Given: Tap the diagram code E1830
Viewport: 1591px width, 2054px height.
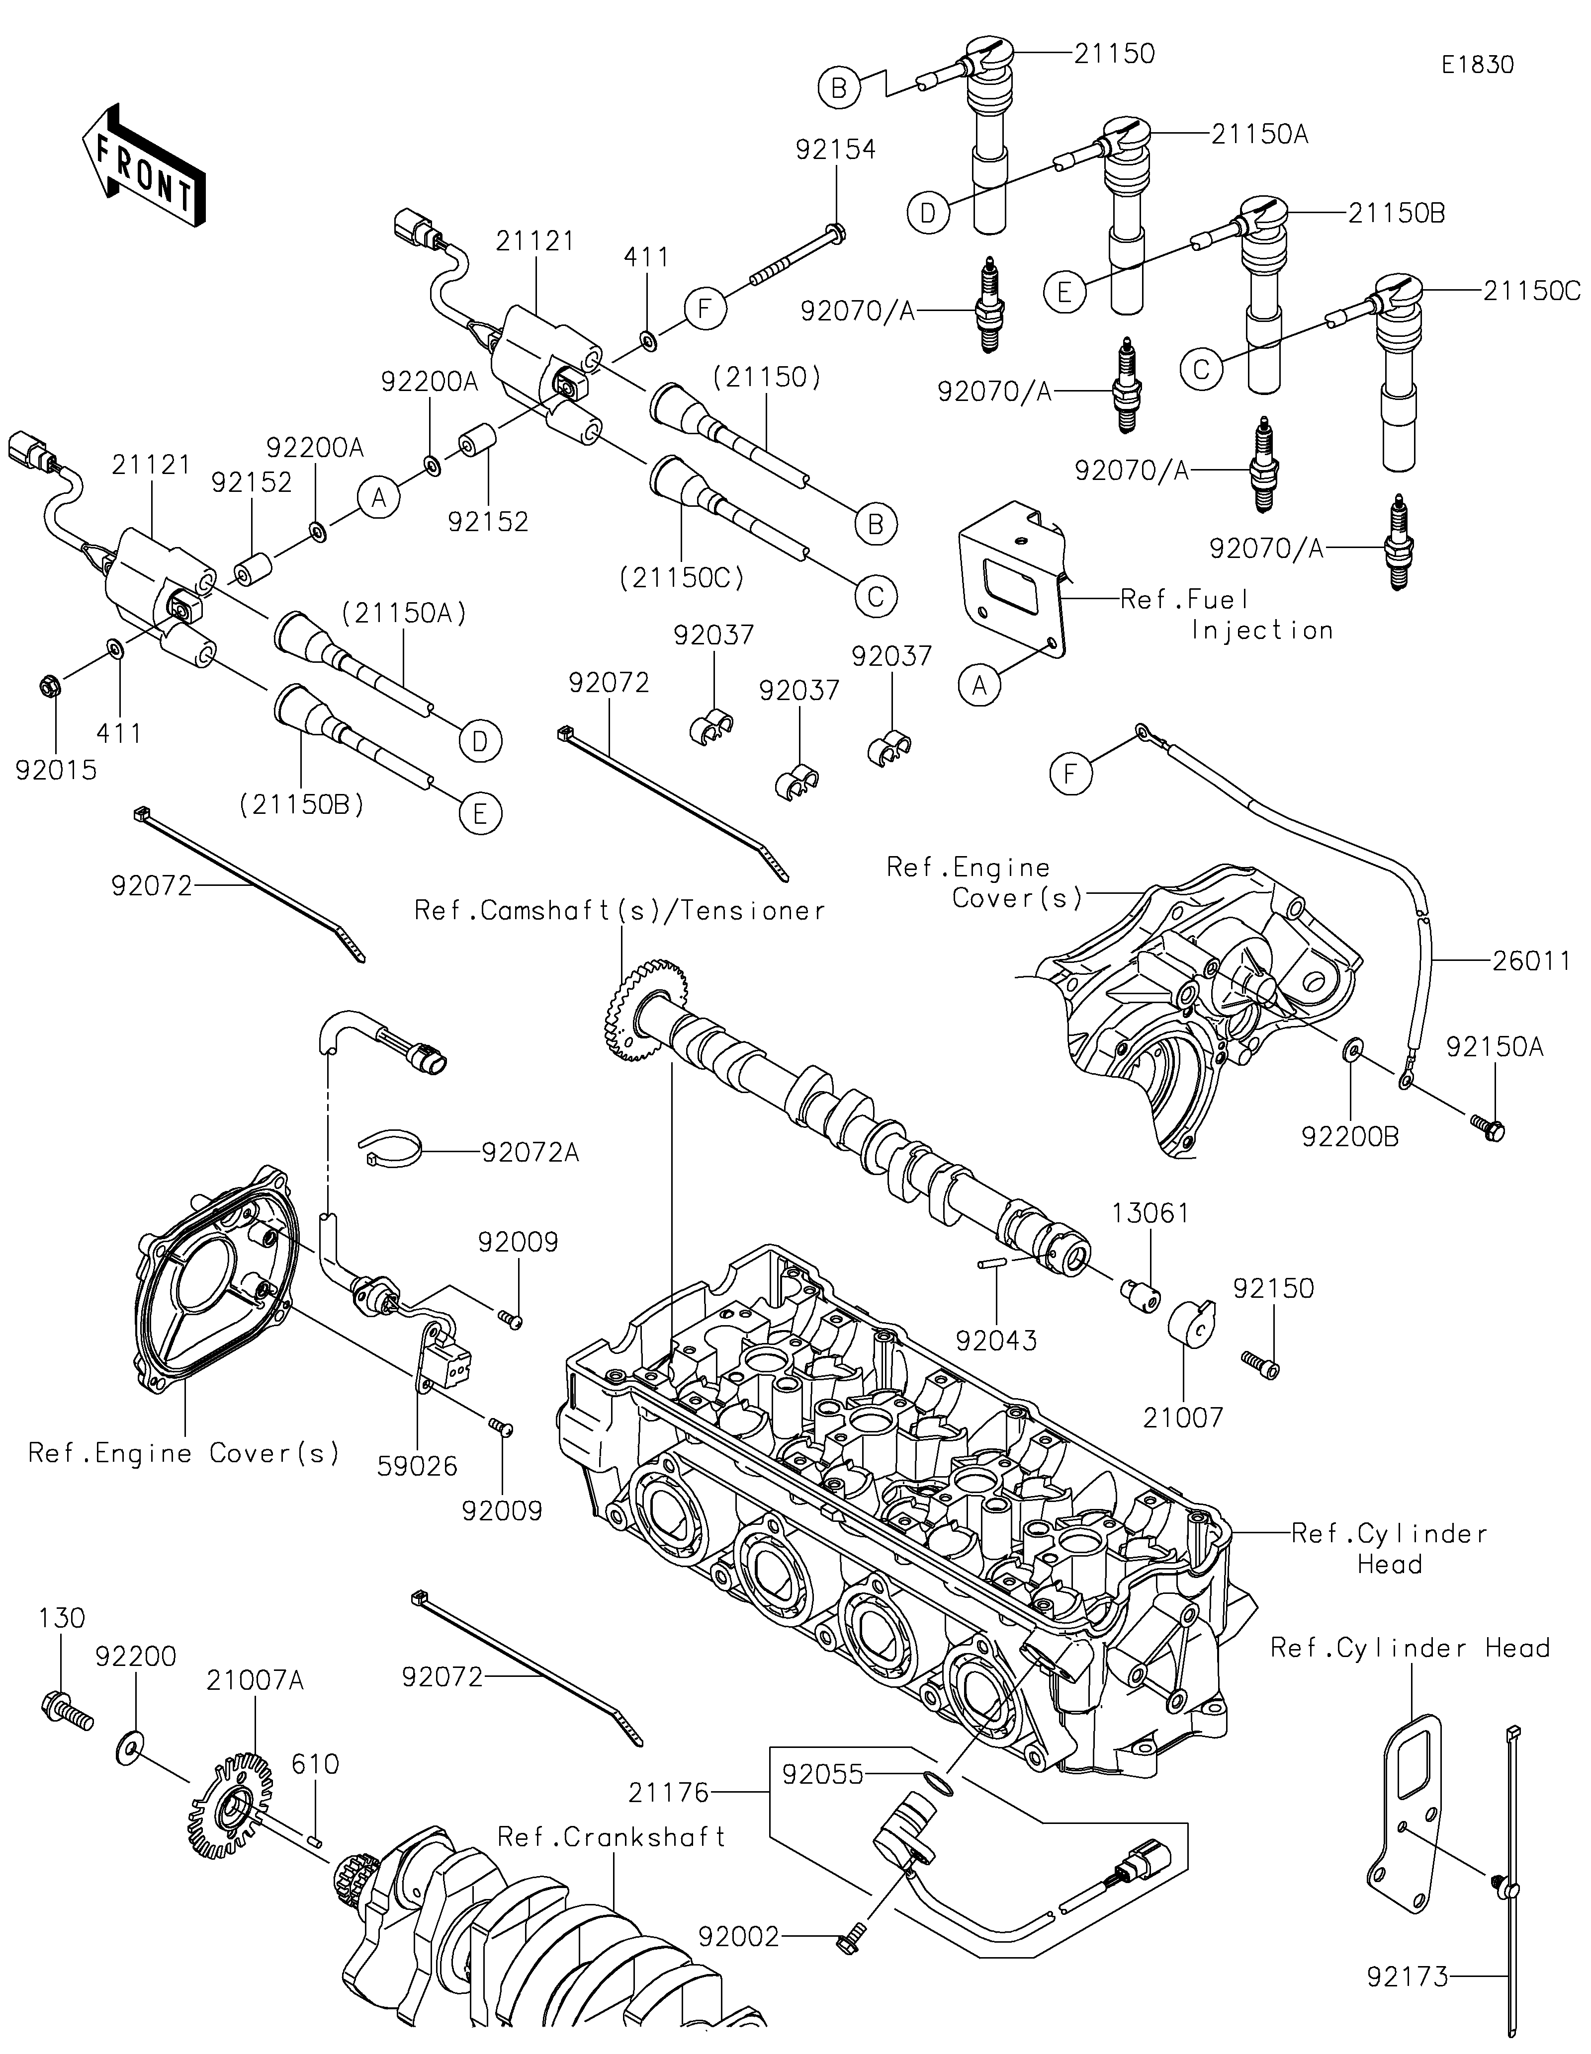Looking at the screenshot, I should pyautogui.click(x=1477, y=65).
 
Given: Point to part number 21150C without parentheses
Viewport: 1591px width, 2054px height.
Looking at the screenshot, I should pyautogui.click(x=1531, y=292).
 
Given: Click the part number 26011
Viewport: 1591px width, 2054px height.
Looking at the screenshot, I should pyautogui.click(x=1531, y=961).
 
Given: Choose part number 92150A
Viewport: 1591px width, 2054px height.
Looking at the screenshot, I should pyautogui.click(x=1494, y=1047).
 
